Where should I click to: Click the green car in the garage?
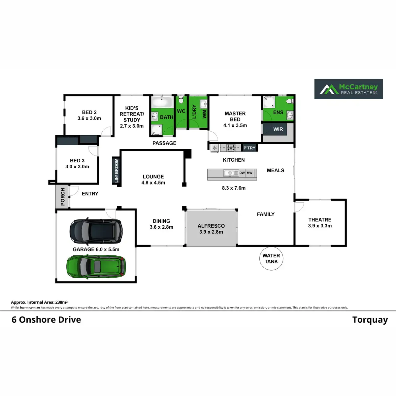coord(96,266)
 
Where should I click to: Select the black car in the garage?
coord(96,231)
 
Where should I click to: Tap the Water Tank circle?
coord(271,259)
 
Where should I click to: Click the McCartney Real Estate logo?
coord(348,89)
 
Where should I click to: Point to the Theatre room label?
coord(320,220)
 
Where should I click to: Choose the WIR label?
coord(278,129)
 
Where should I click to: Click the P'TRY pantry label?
coord(249,148)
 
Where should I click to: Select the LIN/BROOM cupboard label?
coord(116,171)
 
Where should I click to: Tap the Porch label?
coord(63,197)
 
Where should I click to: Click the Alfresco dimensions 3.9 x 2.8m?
coord(211,232)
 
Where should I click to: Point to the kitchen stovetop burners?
coord(231,148)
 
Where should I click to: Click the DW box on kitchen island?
coord(242,173)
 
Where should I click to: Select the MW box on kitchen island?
coord(250,173)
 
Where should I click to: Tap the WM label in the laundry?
coord(204,114)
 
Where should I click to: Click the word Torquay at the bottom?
coord(370,320)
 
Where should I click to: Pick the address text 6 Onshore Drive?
coord(46,320)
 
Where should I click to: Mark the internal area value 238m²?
coord(61,302)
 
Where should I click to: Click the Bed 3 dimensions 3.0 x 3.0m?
coord(77,167)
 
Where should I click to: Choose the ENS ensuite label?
coord(278,113)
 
